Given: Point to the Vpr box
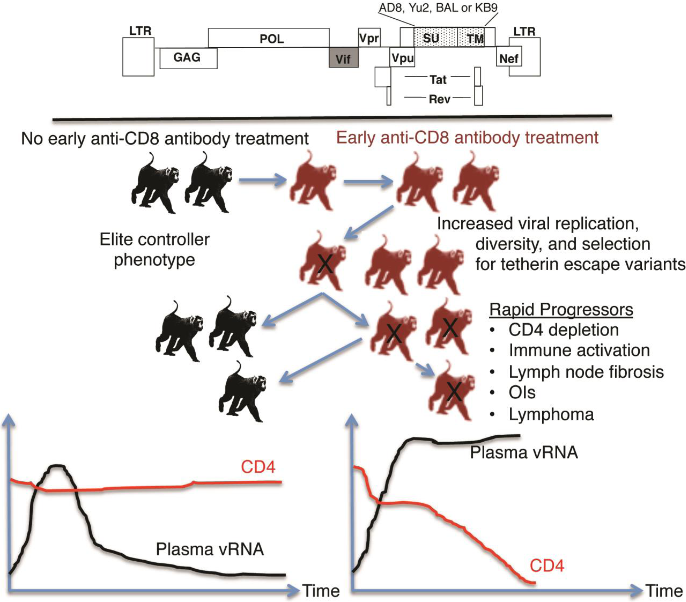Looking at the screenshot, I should tap(369, 38).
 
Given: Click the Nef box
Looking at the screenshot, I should tap(509, 58).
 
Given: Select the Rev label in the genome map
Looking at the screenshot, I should tap(439, 99).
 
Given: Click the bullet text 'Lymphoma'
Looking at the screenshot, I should tap(551, 414).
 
